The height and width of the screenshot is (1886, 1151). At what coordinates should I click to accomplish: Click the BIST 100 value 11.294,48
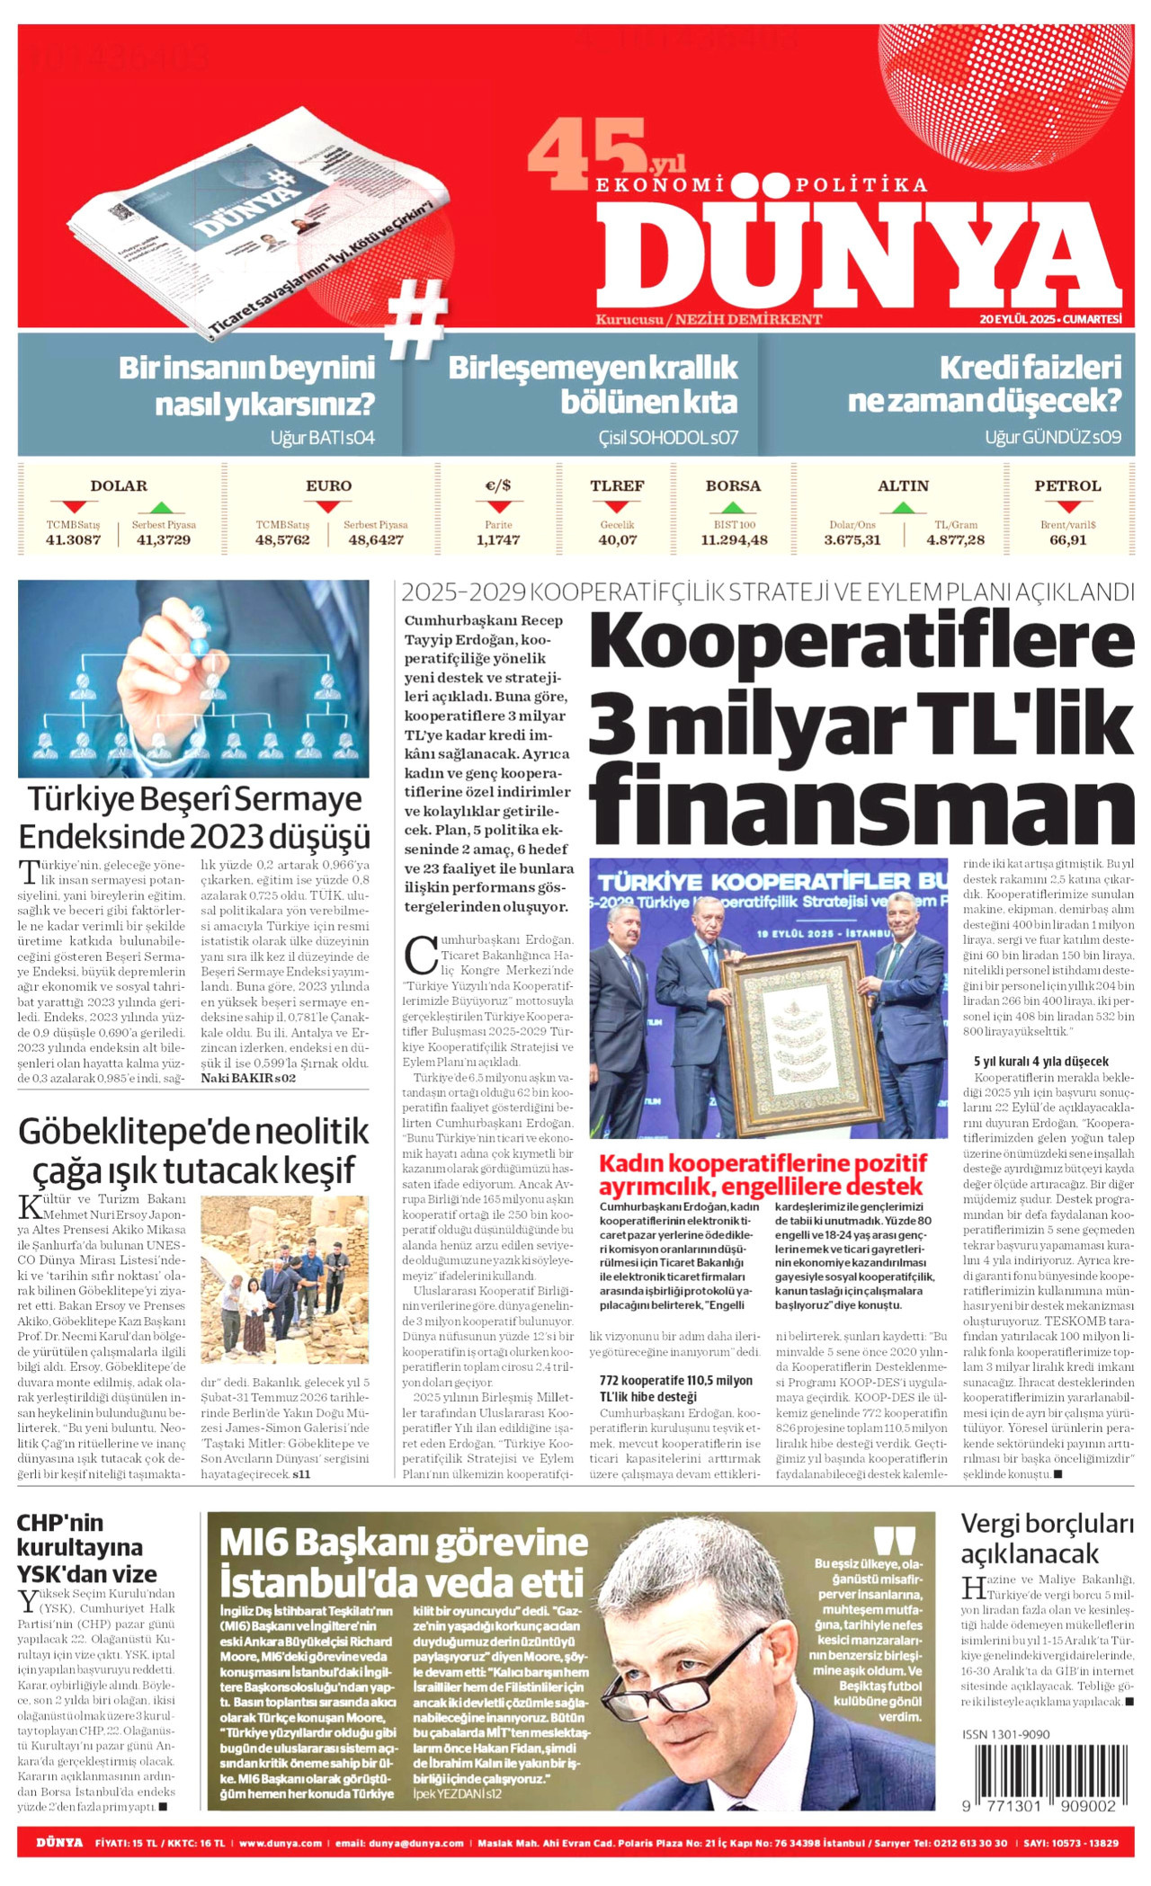point(734,540)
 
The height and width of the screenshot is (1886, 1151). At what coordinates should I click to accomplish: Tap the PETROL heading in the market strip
point(1067,486)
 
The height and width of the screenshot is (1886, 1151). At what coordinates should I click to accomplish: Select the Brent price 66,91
point(1067,540)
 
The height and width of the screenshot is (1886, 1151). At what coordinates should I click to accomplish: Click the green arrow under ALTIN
point(903,508)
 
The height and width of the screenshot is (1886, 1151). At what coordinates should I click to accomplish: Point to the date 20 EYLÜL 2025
point(1017,319)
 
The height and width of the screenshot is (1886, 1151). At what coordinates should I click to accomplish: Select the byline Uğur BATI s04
point(322,438)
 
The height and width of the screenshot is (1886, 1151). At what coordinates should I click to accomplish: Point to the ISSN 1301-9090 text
point(1005,1734)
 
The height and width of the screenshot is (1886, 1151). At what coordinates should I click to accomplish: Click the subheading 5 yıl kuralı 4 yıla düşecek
point(1040,1062)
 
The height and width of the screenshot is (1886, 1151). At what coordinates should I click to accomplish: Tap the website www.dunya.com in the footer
point(280,1843)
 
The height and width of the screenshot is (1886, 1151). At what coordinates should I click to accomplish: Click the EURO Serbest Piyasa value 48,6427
point(375,540)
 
